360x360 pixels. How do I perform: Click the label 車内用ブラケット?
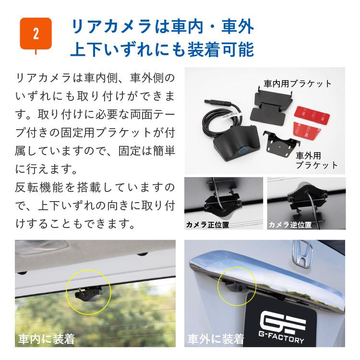[x=298, y=84]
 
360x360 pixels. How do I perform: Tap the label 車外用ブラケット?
[x=317, y=160]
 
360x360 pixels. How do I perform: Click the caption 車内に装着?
[x=46, y=339]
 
